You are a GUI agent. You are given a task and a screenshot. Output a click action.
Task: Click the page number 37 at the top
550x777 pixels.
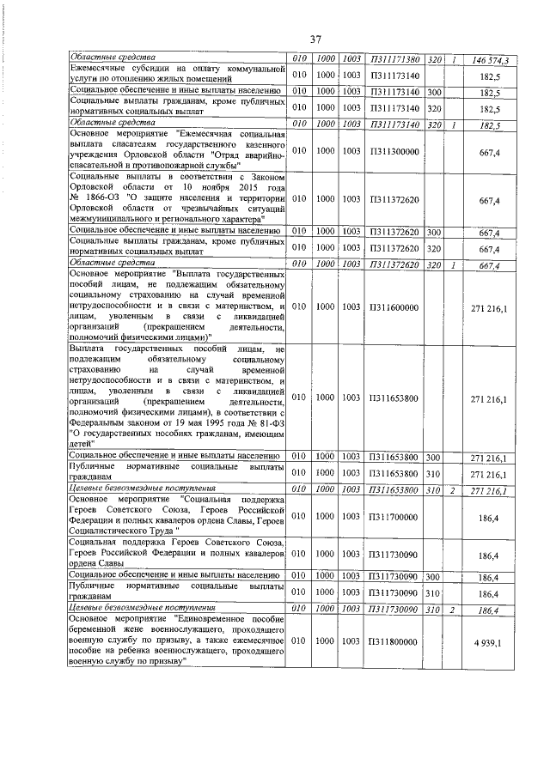(315, 38)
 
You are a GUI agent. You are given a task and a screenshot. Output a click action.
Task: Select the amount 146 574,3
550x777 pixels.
(491, 60)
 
